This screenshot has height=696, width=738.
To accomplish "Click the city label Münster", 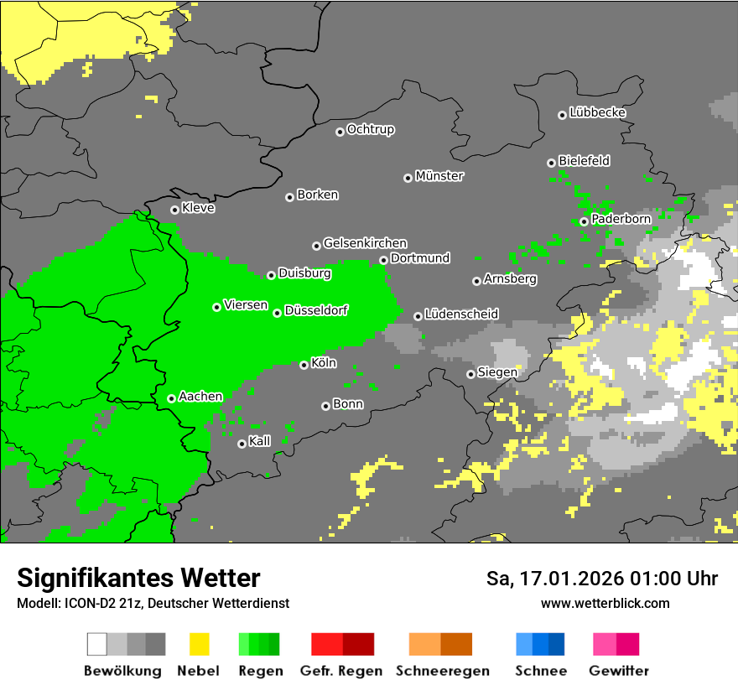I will pyautogui.click(x=439, y=176).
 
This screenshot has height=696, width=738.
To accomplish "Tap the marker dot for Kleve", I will pyautogui.click(x=174, y=210).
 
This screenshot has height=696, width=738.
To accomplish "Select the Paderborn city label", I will pyautogui.click(x=621, y=219).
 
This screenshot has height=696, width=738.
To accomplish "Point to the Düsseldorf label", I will pyautogui.click(x=315, y=310).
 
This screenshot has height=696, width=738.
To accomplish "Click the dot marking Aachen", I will pyautogui.click(x=171, y=398).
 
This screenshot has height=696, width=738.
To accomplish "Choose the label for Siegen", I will pyautogui.click(x=497, y=371).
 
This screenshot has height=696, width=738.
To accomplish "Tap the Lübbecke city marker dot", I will pyautogui.click(x=562, y=115).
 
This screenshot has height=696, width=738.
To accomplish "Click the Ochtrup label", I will pyautogui.click(x=370, y=129).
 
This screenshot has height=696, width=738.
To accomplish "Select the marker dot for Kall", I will pyautogui.click(x=242, y=444).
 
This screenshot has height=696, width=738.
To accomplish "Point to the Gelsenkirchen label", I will pyautogui.click(x=365, y=243).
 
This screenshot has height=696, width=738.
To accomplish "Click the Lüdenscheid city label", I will pyautogui.click(x=461, y=314).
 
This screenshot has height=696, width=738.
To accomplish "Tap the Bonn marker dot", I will pyautogui.click(x=325, y=406).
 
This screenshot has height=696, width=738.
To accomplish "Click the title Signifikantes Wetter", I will pyautogui.click(x=138, y=578).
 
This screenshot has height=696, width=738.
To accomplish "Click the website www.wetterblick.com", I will pyautogui.click(x=605, y=603).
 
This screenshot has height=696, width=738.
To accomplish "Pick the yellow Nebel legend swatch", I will pyautogui.click(x=199, y=644).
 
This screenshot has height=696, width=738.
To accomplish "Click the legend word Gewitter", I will pyautogui.click(x=618, y=671).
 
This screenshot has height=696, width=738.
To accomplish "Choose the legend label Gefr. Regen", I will pyautogui.click(x=341, y=671).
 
